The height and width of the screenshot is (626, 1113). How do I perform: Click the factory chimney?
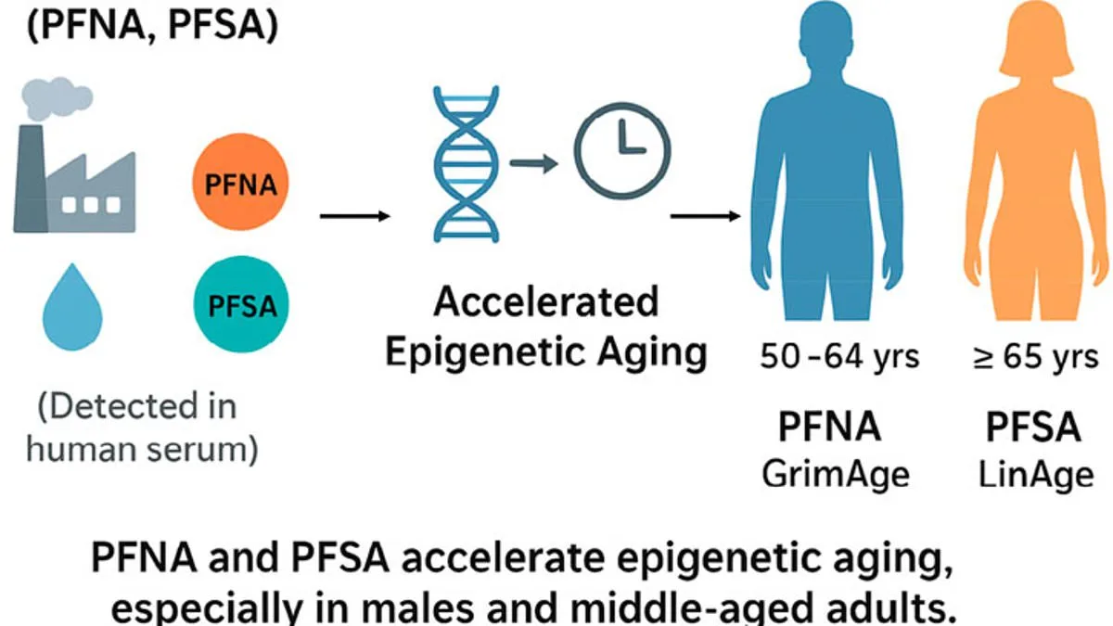pos(30,167)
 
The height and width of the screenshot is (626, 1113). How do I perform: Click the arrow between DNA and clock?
pos(535,164)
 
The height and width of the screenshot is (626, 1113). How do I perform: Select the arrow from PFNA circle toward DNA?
pos(354,217)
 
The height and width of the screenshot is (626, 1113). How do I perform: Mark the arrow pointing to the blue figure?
pos(706,217)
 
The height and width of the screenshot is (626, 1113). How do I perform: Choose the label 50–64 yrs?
pos(838,357)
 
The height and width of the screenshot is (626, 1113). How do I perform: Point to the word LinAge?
pos(1036,474)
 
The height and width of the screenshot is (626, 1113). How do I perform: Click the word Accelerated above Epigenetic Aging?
pos(546,302)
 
